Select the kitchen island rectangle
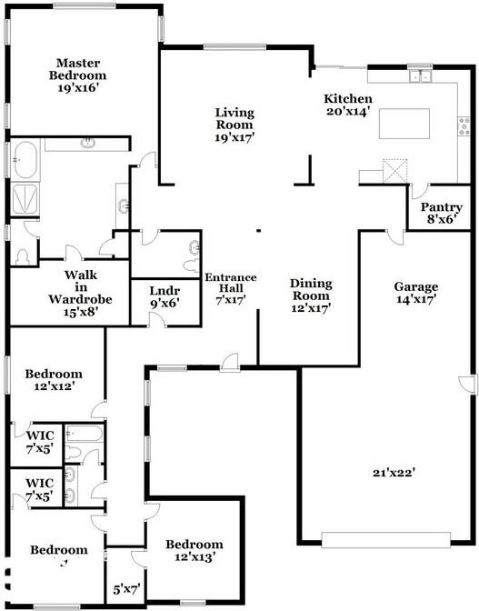[x=404, y=123]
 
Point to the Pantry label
[x=441, y=206]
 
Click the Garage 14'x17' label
[x=417, y=292]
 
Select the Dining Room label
[x=310, y=295]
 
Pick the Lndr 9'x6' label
[x=165, y=296]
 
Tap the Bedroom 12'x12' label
[x=54, y=379]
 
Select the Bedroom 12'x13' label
[x=194, y=550]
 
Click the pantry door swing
[x=420, y=193]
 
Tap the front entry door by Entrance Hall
[x=230, y=361]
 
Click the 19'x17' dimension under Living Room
[x=235, y=138]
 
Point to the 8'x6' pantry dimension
[x=441, y=219]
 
